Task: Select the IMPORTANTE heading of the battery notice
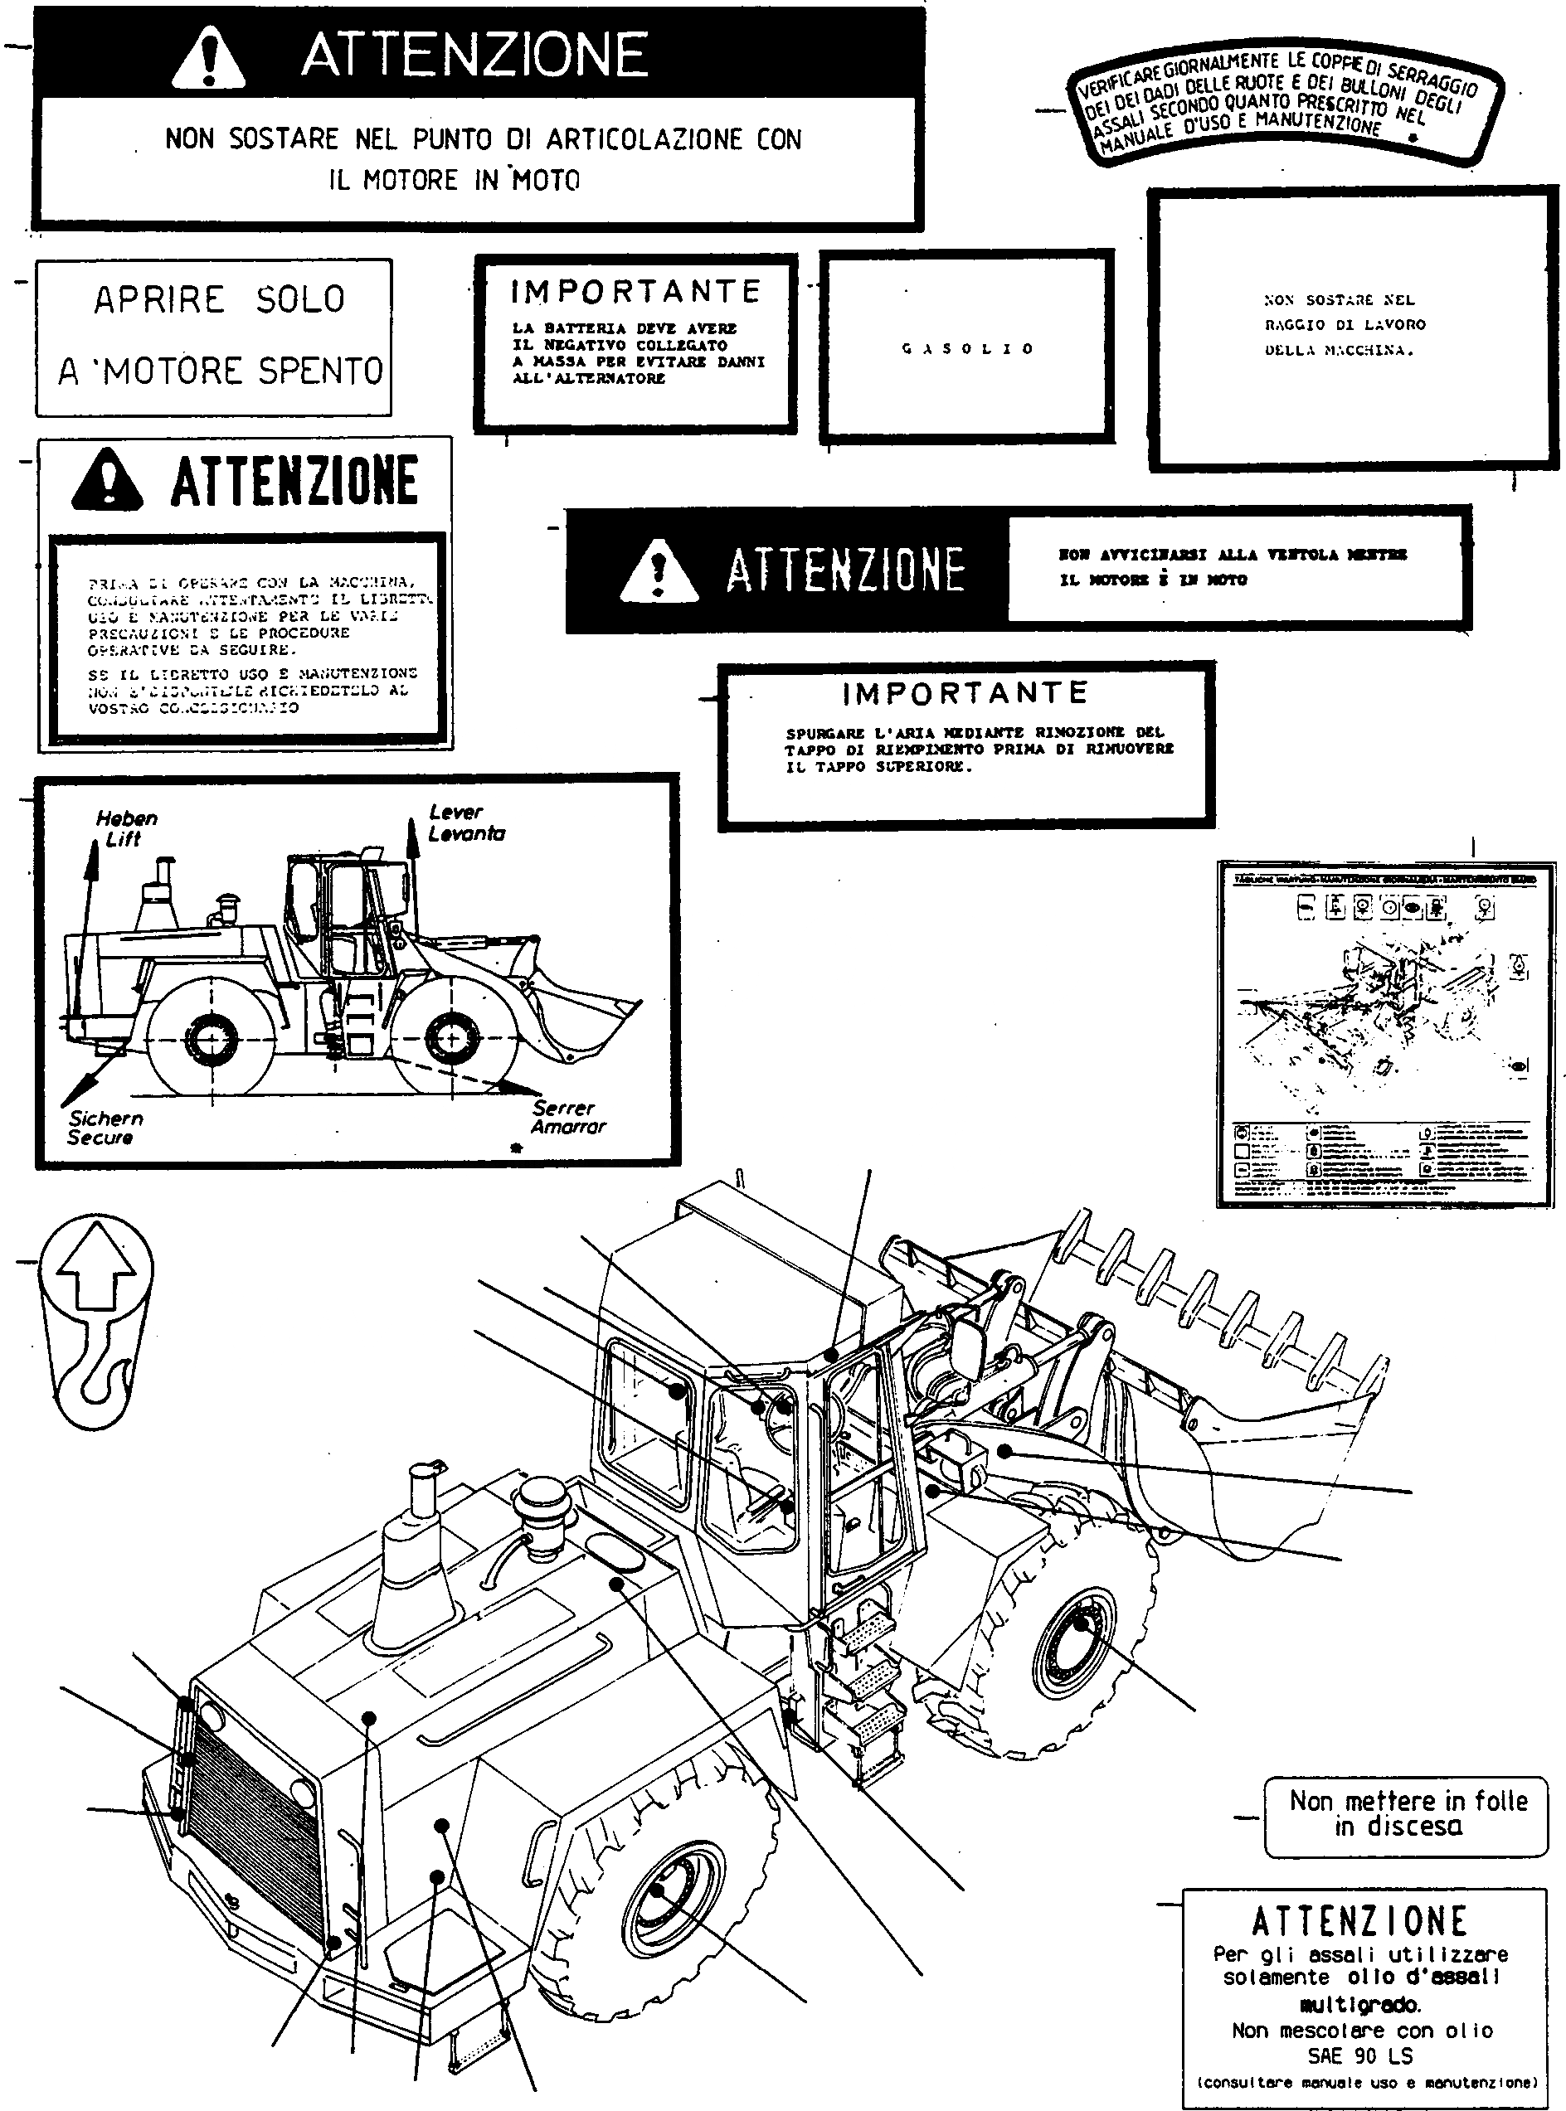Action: click(635, 291)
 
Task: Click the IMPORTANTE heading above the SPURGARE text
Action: click(965, 693)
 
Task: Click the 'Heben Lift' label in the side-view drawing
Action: click(126, 827)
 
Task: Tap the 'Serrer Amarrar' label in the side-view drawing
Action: click(567, 1117)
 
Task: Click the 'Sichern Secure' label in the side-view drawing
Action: click(105, 1128)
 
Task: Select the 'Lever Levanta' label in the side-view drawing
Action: click(465, 823)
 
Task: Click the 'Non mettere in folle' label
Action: click(1408, 1813)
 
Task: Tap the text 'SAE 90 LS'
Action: click(1359, 2055)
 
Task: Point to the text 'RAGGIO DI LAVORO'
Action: click(1345, 324)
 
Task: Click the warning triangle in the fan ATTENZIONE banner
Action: click(659, 570)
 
